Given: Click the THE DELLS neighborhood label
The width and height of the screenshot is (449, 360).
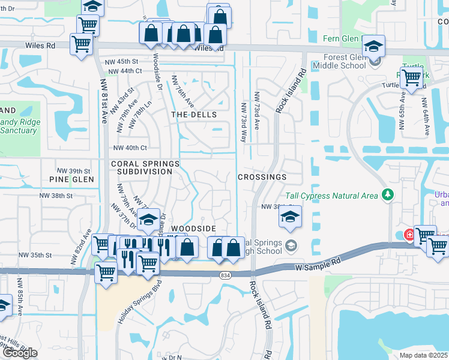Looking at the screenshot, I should pos(193,114).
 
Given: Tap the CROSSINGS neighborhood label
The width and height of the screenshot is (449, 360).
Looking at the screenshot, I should pos(262,178).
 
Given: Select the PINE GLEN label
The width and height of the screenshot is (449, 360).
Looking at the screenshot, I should pos(71,179).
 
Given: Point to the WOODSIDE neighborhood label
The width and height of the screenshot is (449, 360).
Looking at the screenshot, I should pos(193,229).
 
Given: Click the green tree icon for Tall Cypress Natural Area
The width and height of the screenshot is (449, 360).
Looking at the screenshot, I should pos(388,194).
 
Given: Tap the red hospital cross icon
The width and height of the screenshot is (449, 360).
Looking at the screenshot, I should pos(408,235).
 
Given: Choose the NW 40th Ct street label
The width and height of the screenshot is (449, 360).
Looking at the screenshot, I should pos(130,148).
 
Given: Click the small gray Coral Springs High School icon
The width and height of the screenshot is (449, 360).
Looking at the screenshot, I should pos(291,245).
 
